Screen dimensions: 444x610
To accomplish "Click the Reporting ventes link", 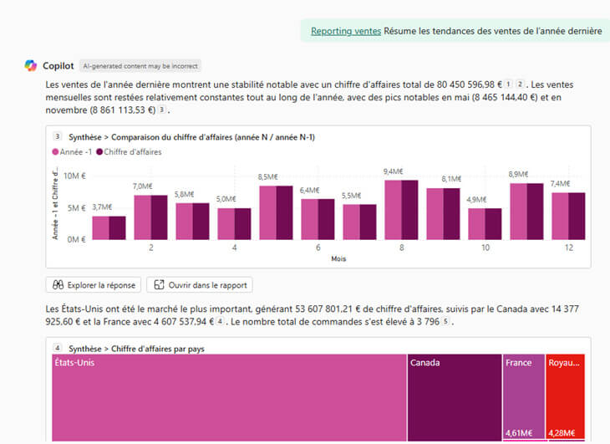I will click(346, 31).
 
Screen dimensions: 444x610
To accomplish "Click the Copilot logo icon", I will click(31, 65).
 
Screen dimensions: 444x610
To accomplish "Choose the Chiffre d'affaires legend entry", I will click(130, 152).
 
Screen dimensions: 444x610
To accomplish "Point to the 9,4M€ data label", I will click(393, 171).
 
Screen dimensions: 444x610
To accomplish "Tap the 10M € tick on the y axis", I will click(75, 176).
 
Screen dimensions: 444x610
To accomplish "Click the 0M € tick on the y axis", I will click(76, 239).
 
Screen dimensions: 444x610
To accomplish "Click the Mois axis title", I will click(338, 259).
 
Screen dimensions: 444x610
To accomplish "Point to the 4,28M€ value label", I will click(565, 433).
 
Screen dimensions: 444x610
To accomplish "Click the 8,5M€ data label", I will click(268, 176).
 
